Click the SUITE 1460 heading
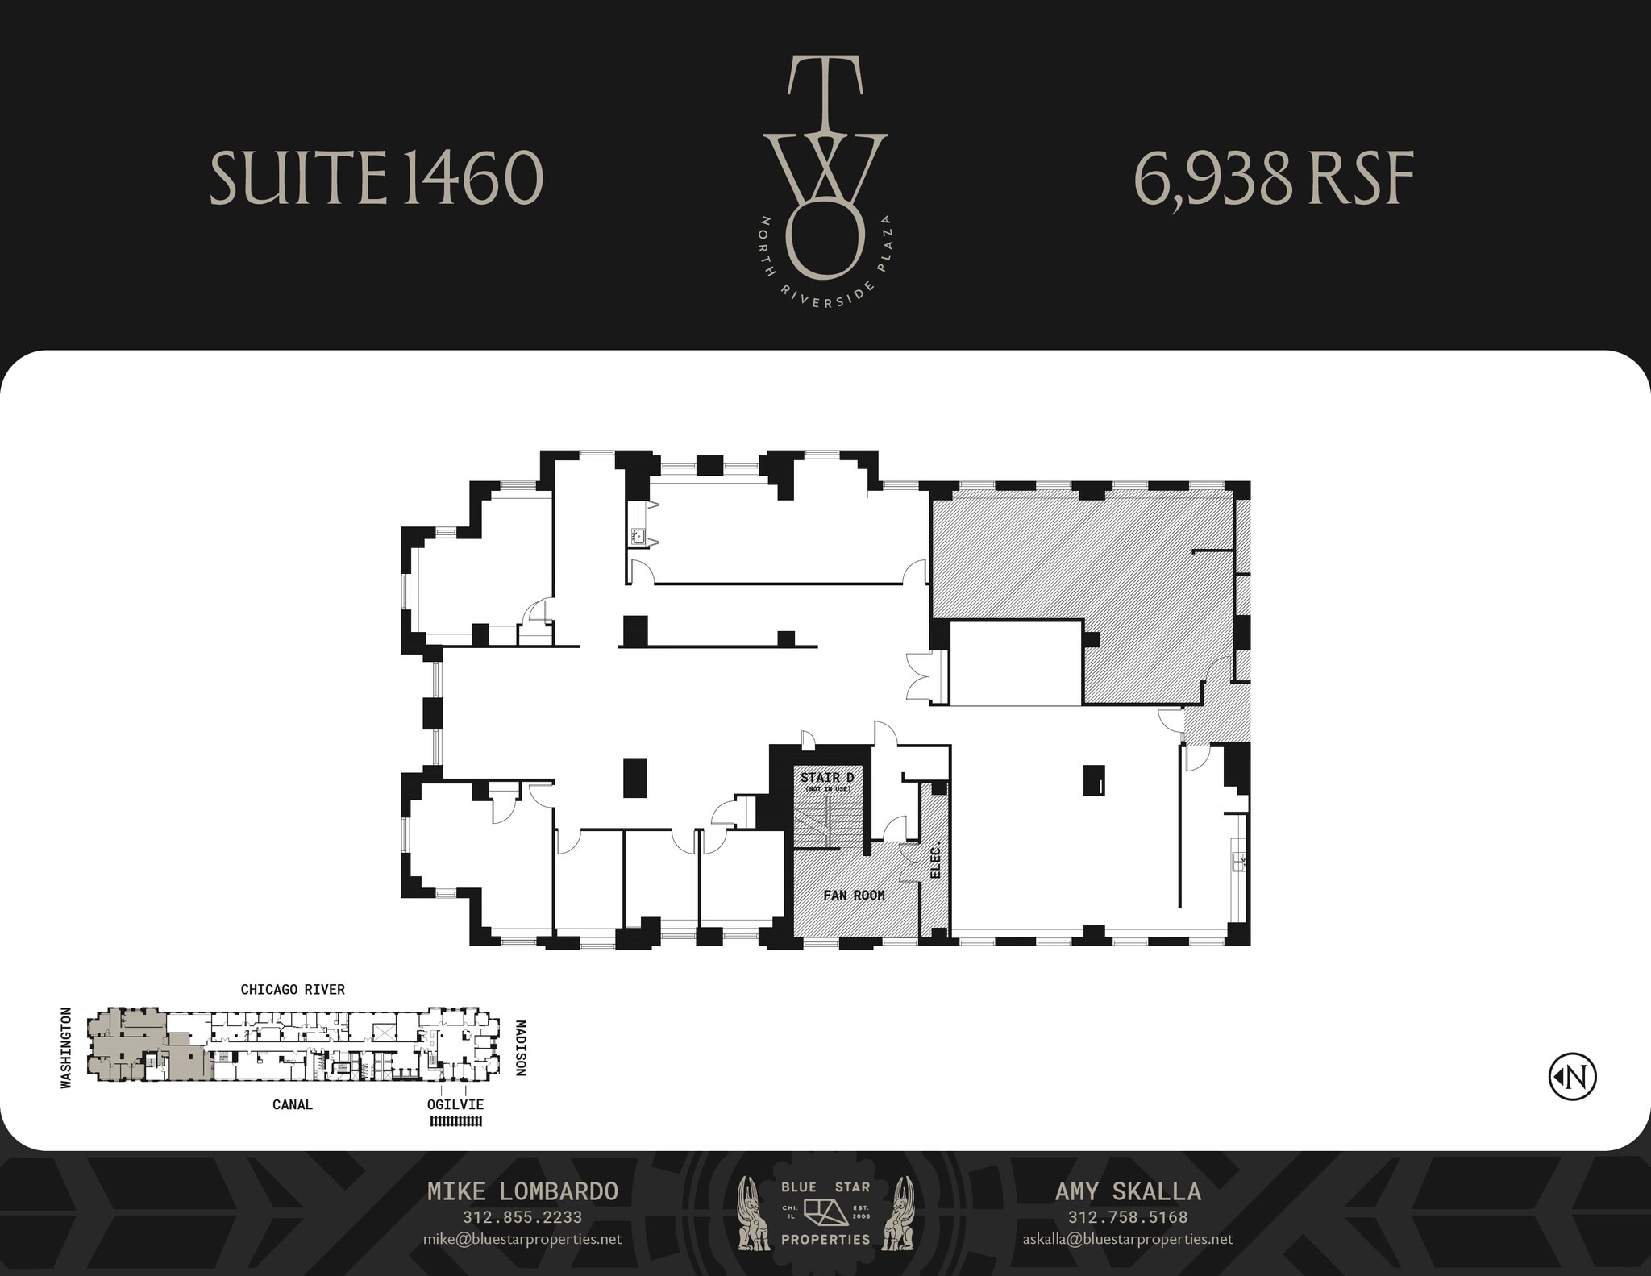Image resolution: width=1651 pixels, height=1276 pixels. [376, 177]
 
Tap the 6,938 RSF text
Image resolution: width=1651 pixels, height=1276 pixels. [1274, 179]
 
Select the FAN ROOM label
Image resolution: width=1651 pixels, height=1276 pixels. [854, 895]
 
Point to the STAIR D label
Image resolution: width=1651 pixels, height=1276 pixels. [826, 778]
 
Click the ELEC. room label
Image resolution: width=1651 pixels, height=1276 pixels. [936, 861]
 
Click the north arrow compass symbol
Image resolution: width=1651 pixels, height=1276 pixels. [1572, 1076]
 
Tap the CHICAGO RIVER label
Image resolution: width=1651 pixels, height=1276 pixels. [293, 990]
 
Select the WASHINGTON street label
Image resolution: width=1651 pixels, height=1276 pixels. [66, 1047]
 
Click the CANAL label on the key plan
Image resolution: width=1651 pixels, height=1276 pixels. [292, 1104]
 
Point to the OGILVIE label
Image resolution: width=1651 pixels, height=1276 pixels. [455, 1104]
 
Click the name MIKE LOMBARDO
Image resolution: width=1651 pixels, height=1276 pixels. [522, 1191]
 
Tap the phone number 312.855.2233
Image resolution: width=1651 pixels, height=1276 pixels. [522, 1217]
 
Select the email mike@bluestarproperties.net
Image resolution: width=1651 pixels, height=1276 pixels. [522, 1239]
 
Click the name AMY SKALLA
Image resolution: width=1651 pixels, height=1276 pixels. [1128, 1191]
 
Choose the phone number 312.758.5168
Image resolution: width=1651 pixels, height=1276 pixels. [1128, 1217]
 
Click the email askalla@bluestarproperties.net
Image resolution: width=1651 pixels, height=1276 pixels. [1128, 1239]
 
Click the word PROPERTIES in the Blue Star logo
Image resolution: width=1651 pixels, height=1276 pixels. [825, 1239]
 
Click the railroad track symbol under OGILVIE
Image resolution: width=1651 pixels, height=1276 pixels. [455, 1121]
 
